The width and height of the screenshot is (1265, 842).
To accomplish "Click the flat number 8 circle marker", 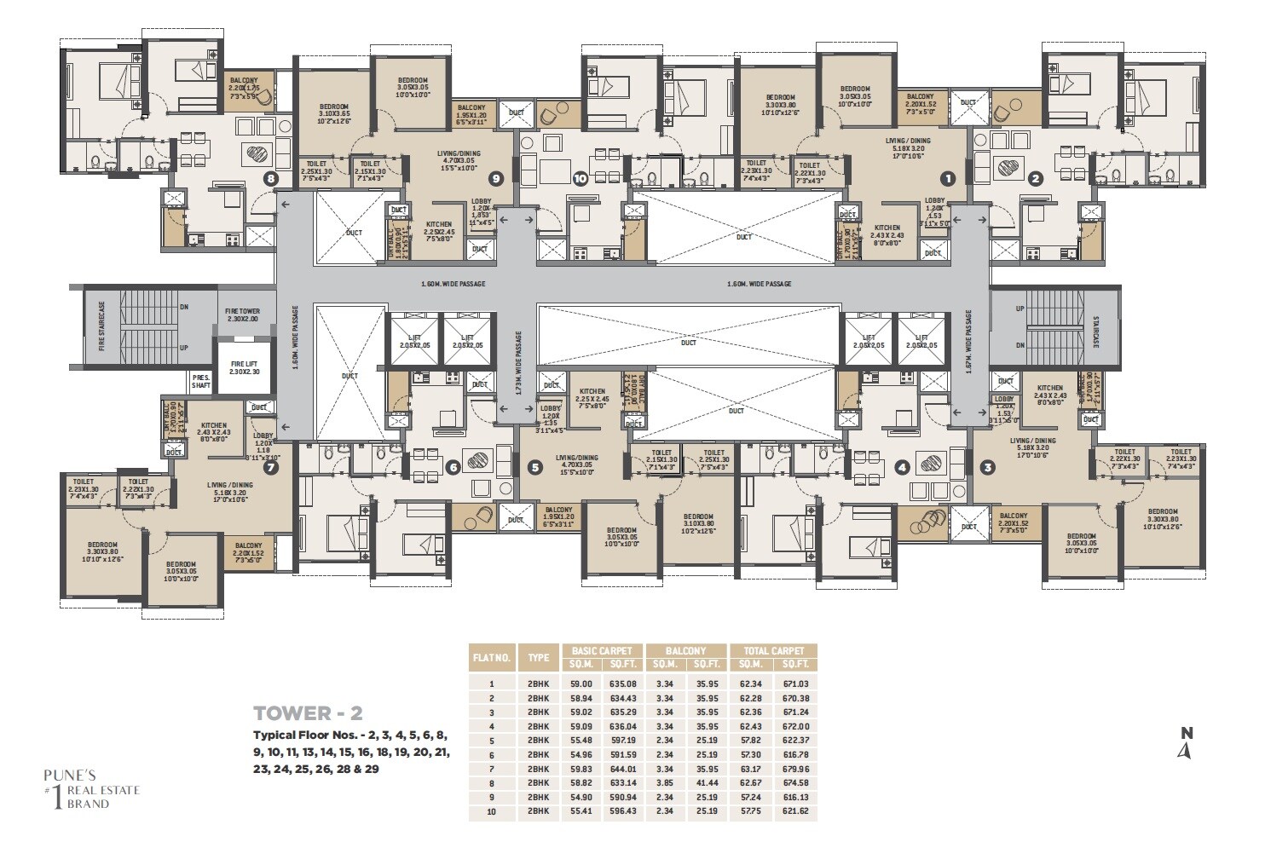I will pyautogui.click(x=271, y=179).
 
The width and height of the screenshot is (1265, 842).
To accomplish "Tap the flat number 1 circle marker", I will pyautogui.click(x=946, y=178).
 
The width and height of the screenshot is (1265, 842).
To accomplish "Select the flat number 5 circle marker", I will pyautogui.click(x=534, y=467).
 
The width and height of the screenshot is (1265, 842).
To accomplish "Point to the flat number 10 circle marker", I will pyautogui.click(x=580, y=179).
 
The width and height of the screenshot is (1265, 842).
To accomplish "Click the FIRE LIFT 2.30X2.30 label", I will pyautogui.click(x=240, y=367).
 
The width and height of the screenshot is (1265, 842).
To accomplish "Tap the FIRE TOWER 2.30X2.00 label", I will pyautogui.click(x=243, y=314).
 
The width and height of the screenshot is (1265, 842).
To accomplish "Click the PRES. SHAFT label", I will pyautogui.click(x=201, y=380).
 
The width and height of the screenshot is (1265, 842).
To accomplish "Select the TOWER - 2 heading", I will pyautogui.click(x=308, y=712).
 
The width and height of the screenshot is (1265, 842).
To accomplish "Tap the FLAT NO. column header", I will pyautogui.click(x=491, y=657).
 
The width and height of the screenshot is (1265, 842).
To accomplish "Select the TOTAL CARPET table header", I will pyautogui.click(x=774, y=650).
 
